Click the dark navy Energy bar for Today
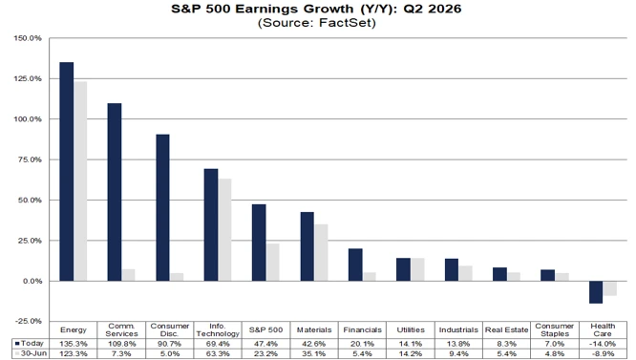[67, 172]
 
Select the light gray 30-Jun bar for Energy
[80, 181]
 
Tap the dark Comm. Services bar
[115, 192]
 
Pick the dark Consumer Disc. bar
[162, 207]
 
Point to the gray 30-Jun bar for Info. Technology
[224, 230]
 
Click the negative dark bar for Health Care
[596, 292]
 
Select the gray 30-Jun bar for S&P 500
[272, 263]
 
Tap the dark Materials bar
[307, 246]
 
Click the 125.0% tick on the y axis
[28, 78]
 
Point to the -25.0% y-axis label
[28, 321]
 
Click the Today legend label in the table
[32, 344]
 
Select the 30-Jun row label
[33, 353]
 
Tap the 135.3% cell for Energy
[73, 344]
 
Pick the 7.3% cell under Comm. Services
[121, 353]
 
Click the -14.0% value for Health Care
[603, 344]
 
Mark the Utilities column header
[411, 330]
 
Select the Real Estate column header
[507, 330]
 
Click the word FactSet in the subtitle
[345, 22]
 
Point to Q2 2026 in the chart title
[432, 9]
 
